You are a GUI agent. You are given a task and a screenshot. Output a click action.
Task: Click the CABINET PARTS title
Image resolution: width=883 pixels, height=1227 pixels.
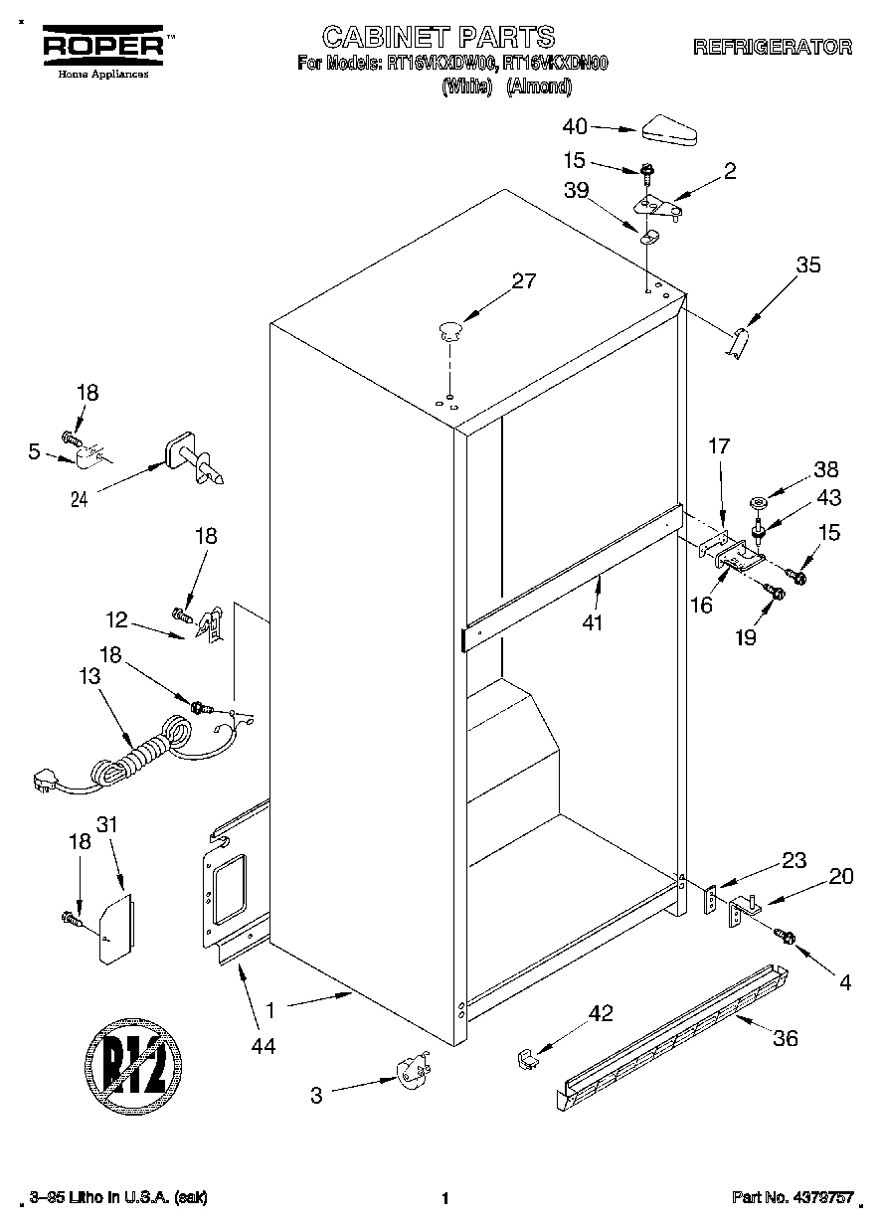click(439, 38)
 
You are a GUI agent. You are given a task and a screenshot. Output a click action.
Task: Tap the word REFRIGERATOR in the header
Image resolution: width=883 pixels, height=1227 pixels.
click(773, 47)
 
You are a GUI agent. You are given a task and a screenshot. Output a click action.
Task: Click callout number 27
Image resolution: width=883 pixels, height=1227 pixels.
click(523, 281)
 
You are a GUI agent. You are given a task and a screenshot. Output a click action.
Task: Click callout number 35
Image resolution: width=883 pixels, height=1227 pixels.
click(808, 264)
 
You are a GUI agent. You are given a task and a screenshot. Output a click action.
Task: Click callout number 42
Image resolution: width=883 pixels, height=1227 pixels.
click(601, 1014)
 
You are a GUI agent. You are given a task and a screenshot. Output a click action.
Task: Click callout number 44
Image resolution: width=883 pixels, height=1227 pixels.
click(263, 1045)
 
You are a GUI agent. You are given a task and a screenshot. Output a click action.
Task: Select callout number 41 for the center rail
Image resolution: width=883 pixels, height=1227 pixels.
click(596, 623)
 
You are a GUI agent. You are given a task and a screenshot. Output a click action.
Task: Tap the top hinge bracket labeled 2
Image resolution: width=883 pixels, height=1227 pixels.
click(657, 206)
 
